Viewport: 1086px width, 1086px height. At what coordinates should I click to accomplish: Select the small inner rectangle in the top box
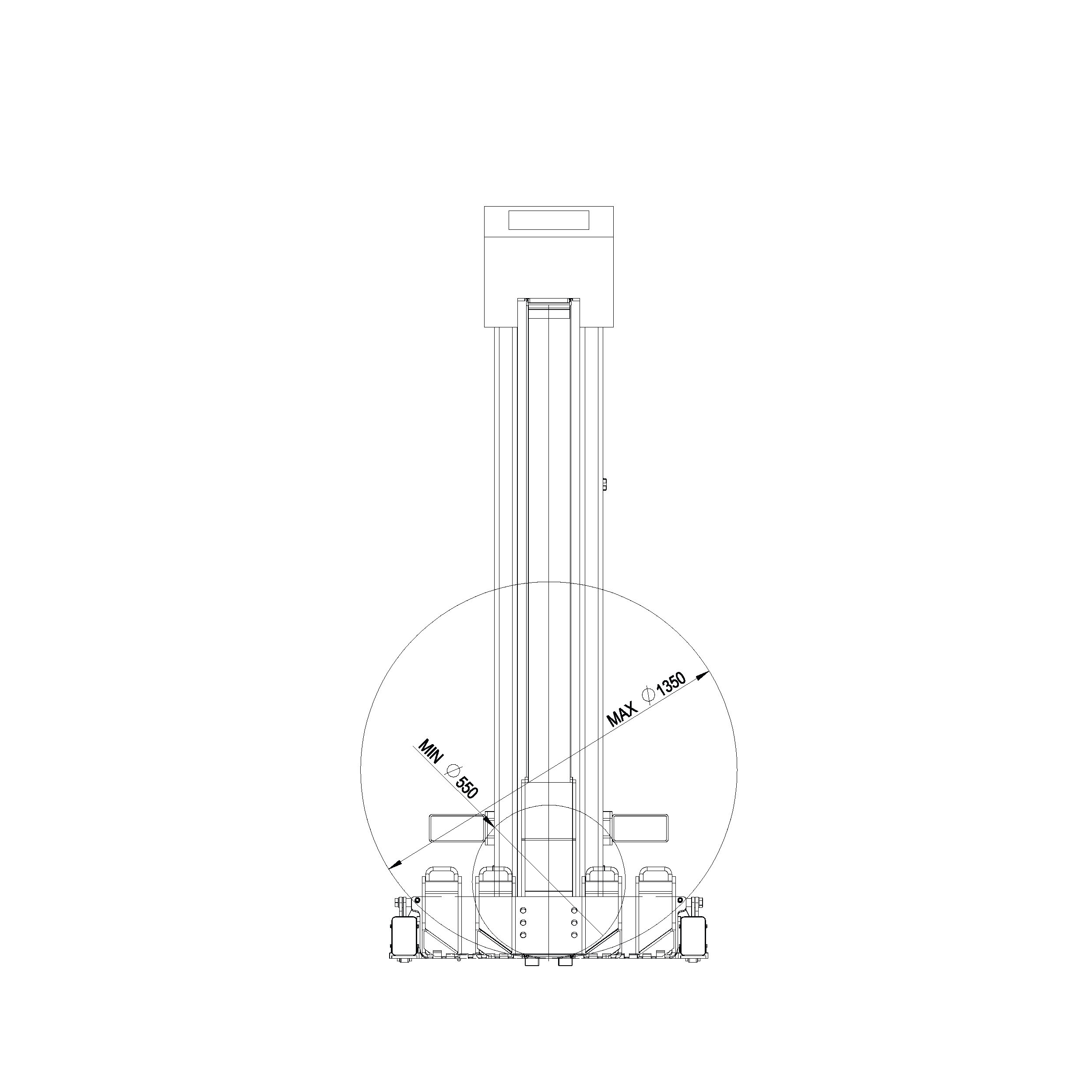[x=548, y=220]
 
